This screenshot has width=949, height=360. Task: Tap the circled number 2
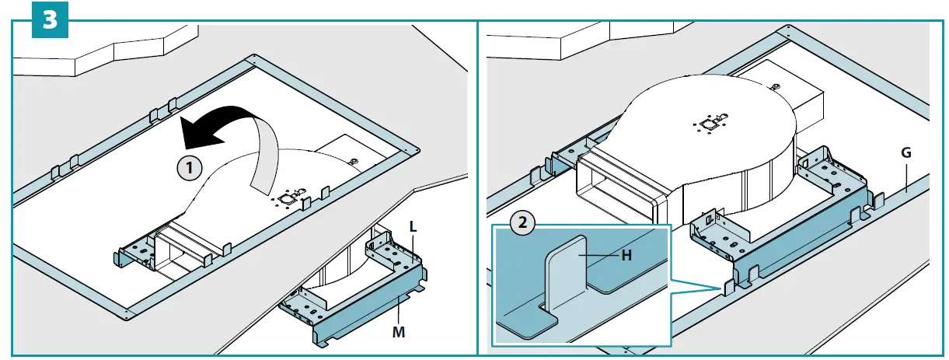pos(522,222)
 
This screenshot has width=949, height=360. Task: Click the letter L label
pos(413,227)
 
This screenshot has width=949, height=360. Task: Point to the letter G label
pos(905,152)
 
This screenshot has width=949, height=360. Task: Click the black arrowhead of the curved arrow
pos(194,131)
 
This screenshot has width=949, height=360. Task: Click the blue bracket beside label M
pos(365,315)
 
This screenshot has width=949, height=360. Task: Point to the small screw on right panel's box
pos(776,86)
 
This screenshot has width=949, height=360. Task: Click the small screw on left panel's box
pos(354,162)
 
